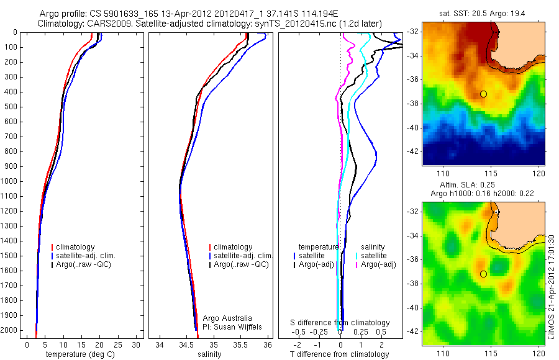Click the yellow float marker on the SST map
click(x=483, y=94)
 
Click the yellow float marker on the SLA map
click(x=483, y=274)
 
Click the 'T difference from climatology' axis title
click(x=339, y=354)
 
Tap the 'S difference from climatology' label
click(x=340, y=323)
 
